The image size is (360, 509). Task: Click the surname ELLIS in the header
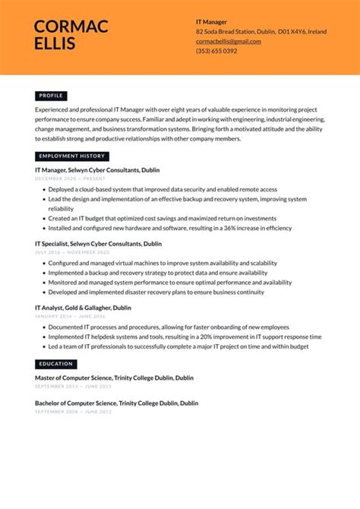[x=55, y=44]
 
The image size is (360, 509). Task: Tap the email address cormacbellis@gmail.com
[x=228, y=41]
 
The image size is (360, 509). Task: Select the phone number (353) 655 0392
[x=216, y=51]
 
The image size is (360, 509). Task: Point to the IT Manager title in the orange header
[x=211, y=22]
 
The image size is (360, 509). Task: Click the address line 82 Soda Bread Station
[x=261, y=32]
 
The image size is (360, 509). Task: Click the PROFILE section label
[x=51, y=96]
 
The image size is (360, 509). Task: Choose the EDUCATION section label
[x=56, y=364]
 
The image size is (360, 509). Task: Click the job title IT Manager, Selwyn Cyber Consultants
[x=97, y=170]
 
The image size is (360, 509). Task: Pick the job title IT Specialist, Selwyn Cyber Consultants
[x=98, y=244]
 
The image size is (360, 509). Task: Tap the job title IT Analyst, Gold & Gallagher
[x=83, y=308]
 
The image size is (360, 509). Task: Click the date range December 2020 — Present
[x=69, y=179]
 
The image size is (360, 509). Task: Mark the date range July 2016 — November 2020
[x=72, y=252]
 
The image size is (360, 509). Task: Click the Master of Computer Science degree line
[x=114, y=378]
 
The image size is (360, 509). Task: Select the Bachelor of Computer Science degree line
[x=116, y=403]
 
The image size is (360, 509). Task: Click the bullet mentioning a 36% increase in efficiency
[x=170, y=227]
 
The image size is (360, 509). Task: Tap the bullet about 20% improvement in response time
[x=185, y=337]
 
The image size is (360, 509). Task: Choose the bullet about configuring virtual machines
[x=163, y=263]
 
